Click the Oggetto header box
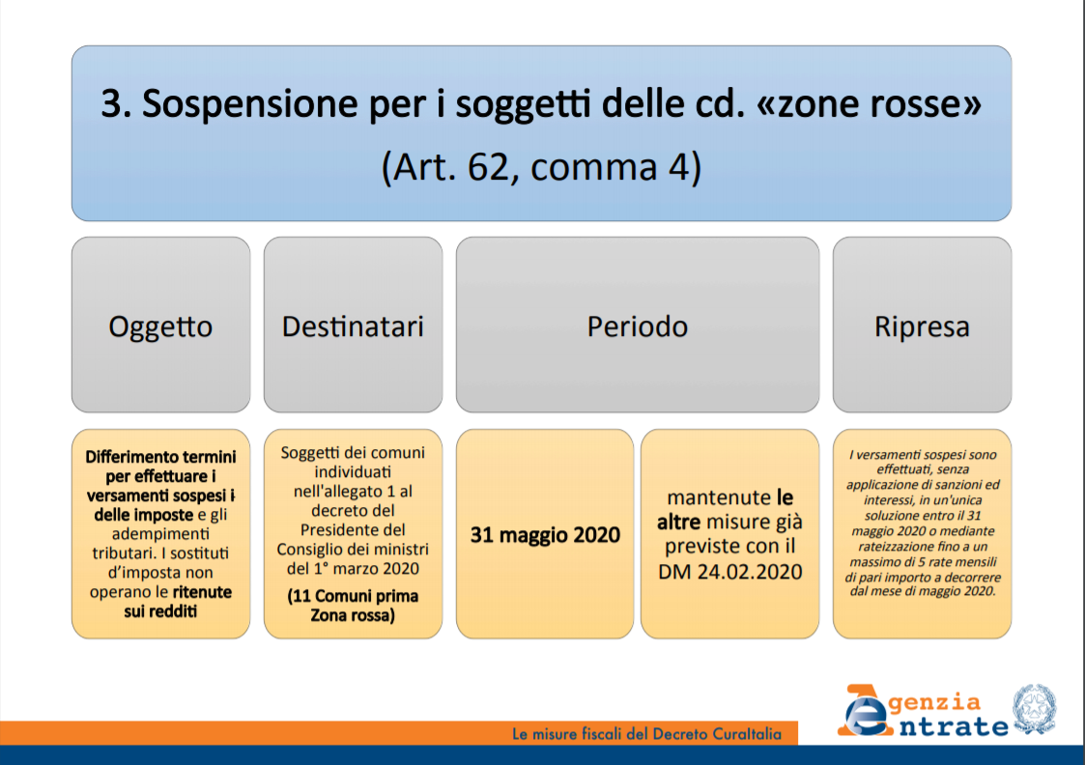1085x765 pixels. [x=160, y=326]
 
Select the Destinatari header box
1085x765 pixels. [x=353, y=326]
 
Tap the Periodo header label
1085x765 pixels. [x=638, y=326]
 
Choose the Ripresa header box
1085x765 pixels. [x=922, y=326]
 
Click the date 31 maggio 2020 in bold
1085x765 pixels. [x=545, y=535]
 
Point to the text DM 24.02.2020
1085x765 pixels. [x=730, y=571]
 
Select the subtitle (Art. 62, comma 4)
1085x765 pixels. [x=542, y=167]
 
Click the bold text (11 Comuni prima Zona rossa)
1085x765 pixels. [x=353, y=606]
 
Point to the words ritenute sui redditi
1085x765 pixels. [x=179, y=602]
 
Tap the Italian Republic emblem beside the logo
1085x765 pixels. [x=1035, y=709]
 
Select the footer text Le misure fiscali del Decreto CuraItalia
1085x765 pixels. [x=647, y=734]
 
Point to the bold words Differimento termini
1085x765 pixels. [x=160, y=457]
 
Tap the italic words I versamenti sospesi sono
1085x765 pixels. [x=923, y=454]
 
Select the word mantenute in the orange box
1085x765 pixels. [x=718, y=497]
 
